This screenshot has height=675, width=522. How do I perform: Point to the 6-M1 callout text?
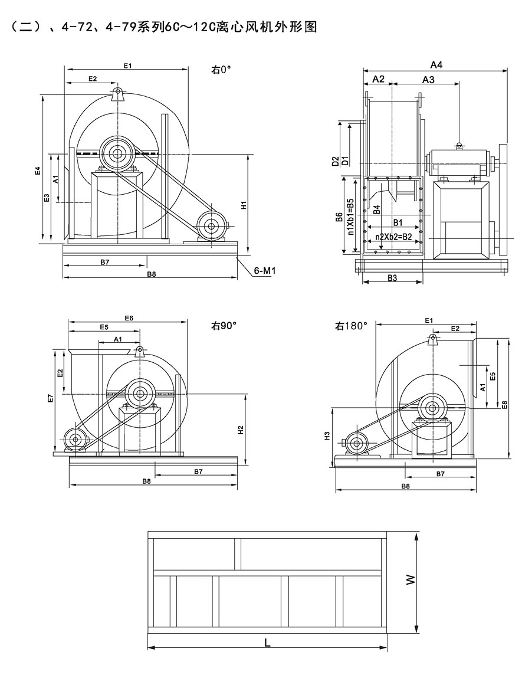point(265,271)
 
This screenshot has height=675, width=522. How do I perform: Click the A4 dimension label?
point(436,64)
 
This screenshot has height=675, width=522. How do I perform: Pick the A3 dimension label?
point(429,80)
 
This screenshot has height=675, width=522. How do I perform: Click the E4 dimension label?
point(37,171)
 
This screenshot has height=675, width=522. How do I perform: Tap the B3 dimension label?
point(392,277)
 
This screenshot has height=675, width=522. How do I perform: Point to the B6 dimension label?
point(339,218)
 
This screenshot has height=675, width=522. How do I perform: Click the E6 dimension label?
point(129,318)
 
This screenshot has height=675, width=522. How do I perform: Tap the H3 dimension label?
point(327,437)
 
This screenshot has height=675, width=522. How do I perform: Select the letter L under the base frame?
point(267,642)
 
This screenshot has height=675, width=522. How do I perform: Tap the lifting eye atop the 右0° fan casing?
point(118,93)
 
